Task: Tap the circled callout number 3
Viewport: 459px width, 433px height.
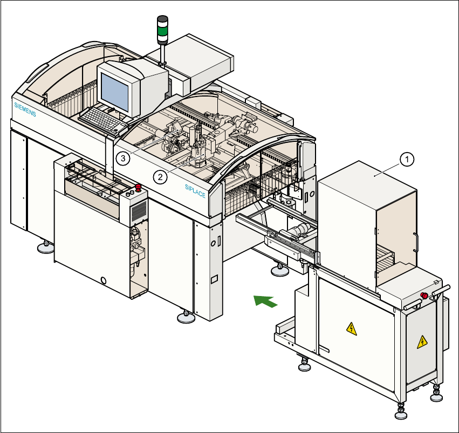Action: (124, 158)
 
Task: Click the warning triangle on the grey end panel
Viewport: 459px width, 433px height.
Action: (422, 341)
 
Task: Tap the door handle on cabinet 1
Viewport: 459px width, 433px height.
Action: (415, 241)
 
